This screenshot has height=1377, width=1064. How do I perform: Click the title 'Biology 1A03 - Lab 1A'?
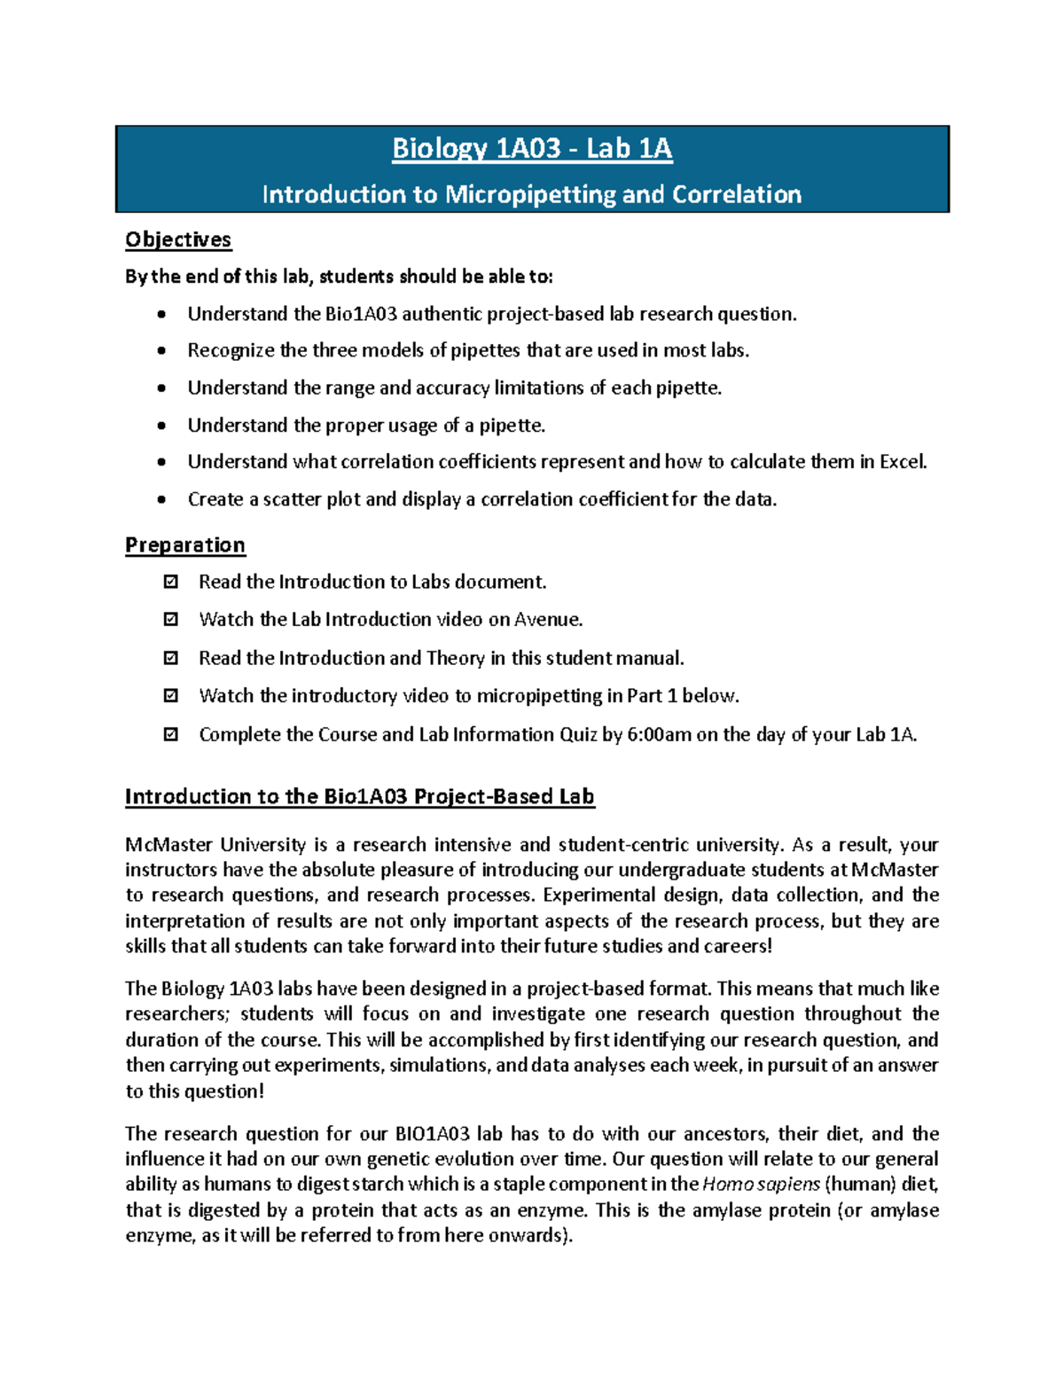pyautogui.click(x=532, y=148)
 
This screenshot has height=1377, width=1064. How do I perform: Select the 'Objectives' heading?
pyautogui.click(x=178, y=239)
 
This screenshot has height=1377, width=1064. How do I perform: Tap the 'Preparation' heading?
pyautogui.click(x=184, y=544)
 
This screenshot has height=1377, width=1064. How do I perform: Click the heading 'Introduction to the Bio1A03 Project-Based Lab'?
pyautogui.click(x=359, y=796)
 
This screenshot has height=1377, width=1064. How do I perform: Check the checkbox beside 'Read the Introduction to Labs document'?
pyautogui.click(x=171, y=582)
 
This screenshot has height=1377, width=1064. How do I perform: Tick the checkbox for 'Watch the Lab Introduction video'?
pyautogui.click(x=171, y=619)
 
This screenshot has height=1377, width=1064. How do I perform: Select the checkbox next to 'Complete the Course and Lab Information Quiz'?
pyautogui.click(x=171, y=734)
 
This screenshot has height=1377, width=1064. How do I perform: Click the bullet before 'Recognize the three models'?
pyautogui.click(x=161, y=350)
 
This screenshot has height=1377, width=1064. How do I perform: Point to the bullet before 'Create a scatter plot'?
pyautogui.click(x=161, y=499)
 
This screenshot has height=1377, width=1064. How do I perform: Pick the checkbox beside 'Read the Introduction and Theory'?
pyautogui.click(x=171, y=658)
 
